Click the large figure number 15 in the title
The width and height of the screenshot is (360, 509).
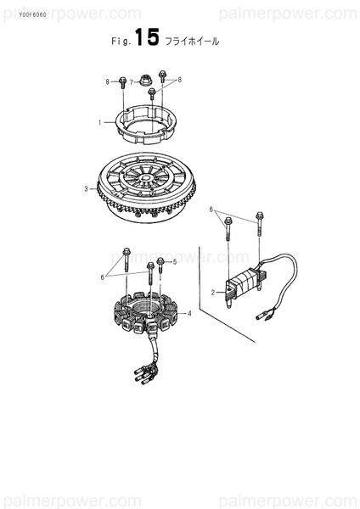click(x=147, y=36)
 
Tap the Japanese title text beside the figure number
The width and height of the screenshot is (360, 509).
click(x=192, y=42)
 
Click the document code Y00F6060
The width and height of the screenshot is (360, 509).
click(x=32, y=15)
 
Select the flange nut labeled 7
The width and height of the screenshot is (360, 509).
click(x=143, y=80)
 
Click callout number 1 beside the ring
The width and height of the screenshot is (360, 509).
click(x=100, y=123)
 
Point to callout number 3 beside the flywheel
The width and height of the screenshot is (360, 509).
click(x=86, y=188)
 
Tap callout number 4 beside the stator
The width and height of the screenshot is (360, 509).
click(x=189, y=313)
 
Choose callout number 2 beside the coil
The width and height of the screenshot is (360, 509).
click(x=213, y=293)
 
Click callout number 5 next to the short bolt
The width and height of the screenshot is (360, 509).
click(x=174, y=261)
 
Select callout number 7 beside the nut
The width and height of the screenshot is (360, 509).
click(x=132, y=82)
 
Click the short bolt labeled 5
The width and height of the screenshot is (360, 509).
click(x=160, y=266)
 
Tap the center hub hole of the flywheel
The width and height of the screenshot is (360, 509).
click(x=145, y=177)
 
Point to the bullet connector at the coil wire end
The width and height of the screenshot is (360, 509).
click(x=263, y=315)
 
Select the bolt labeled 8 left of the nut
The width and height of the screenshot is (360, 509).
click(x=122, y=83)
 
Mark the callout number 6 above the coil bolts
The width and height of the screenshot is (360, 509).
click(x=211, y=210)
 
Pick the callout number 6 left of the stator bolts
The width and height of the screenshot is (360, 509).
click(x=103, y=277)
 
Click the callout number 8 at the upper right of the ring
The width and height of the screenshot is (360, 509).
click(x=179, y=80)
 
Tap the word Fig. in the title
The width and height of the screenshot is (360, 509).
click(x=121, y=42)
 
